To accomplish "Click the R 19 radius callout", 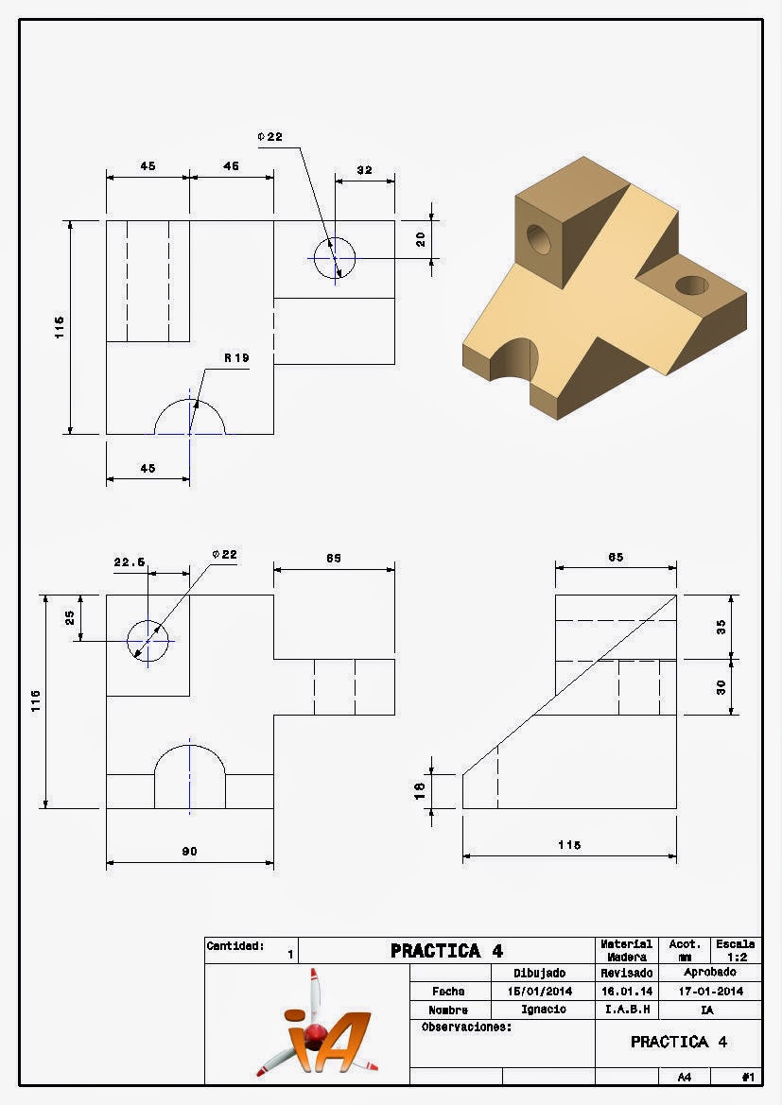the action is [237, 358].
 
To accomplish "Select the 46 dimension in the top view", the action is [232, 166].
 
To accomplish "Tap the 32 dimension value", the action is [365, 170].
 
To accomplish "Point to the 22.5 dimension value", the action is [130, 561].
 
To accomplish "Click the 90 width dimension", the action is [190, 852].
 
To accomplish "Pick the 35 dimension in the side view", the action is [721, 628].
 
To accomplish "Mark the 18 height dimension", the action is [420, 790].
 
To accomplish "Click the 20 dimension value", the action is [421, 239].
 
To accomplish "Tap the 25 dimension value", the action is [70, 617].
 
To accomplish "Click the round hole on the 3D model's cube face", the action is [539, 239].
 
